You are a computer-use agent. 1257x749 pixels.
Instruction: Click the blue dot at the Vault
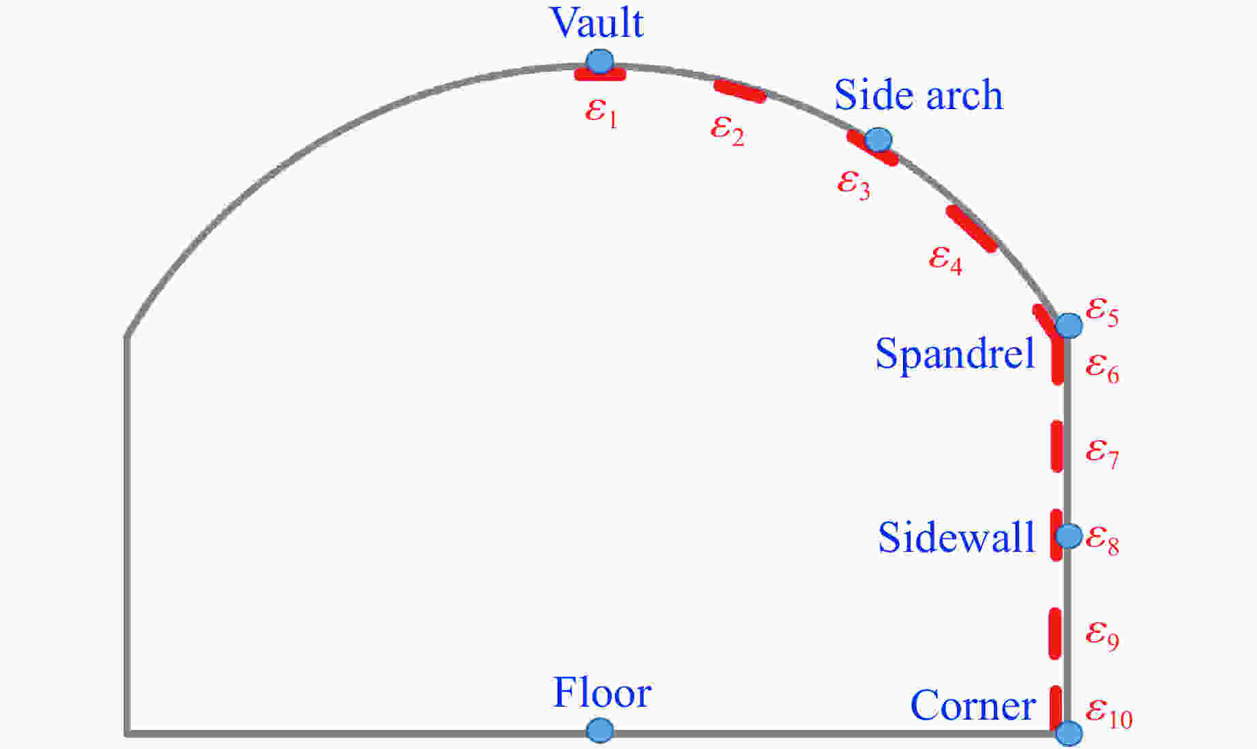click(600, 61)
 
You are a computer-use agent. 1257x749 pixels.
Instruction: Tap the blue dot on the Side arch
click(878, 140)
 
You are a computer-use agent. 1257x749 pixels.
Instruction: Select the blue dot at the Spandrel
click(1069, 325)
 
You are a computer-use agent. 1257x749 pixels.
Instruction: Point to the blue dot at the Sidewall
click(1069, 535)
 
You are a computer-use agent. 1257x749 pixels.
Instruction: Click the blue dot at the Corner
click(1069, 733)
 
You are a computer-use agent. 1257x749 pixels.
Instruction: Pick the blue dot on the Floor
click(600, 731)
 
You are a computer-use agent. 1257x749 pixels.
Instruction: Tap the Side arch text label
click(919, 94)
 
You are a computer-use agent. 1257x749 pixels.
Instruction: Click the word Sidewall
click(956, 537)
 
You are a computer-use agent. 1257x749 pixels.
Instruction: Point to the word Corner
click(973, 705)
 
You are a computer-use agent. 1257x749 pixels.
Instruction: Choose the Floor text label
click(602, 692)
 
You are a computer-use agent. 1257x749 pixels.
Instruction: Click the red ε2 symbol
click(727, 129)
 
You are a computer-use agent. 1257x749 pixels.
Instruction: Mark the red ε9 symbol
click(1102, 634)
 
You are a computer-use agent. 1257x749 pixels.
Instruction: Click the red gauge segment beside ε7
click(1056, 446)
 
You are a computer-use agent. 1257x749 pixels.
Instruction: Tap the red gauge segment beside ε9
click(1055, 634)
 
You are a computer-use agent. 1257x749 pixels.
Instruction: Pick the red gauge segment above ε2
click(740, 91)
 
